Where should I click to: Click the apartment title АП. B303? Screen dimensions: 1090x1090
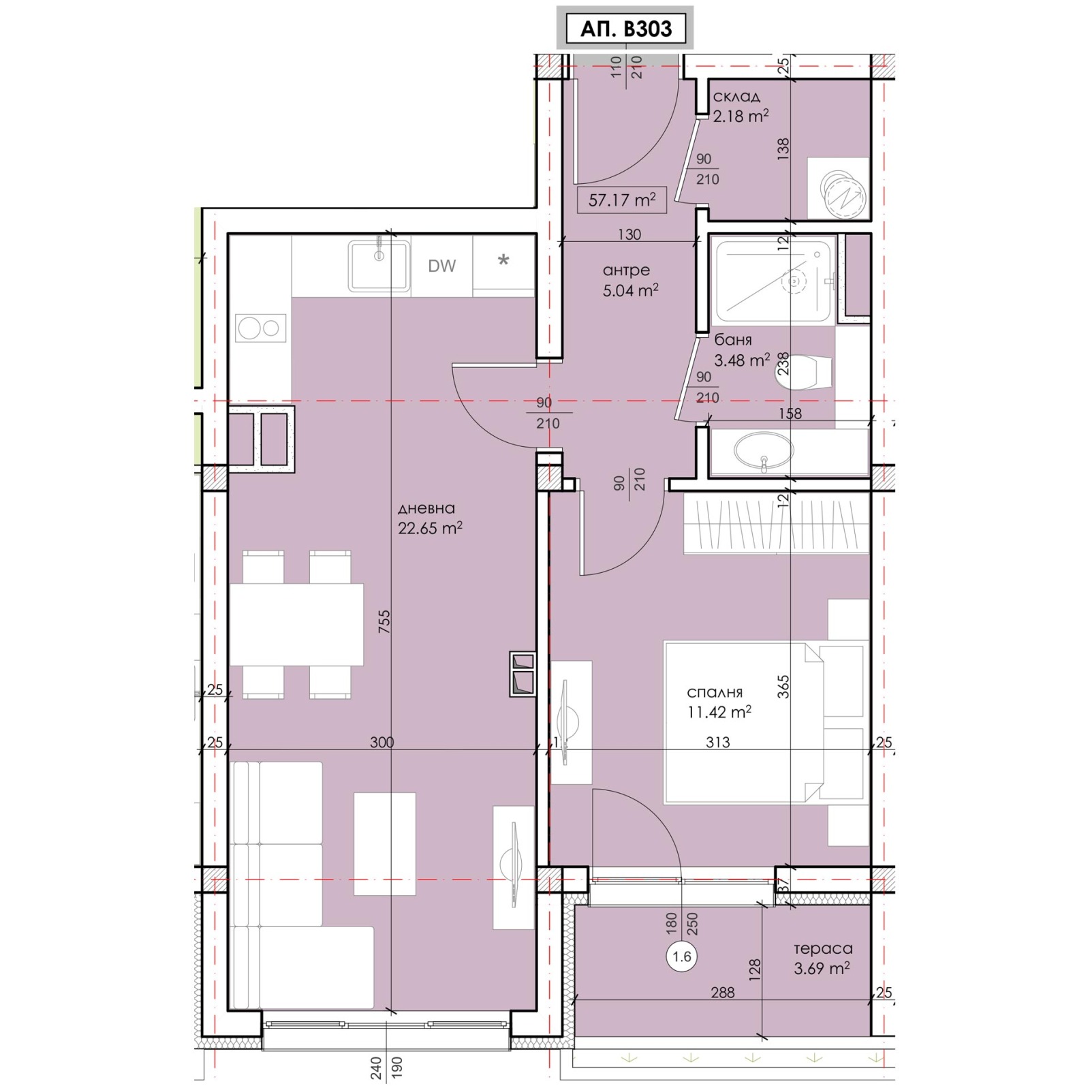pyautogui.click(x=625, y=29)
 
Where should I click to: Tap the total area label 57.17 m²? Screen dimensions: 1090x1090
pyautogui.click(x=622, y=200)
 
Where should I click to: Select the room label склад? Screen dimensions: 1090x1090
pyautogui.click(x=736, y=97)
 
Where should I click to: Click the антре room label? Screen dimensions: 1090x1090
pyautogui.click(x=627, y=270)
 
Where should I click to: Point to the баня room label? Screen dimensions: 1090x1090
pyautogui.click(x=733, y=340)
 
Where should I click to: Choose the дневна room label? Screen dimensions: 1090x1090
pyautogui.click(x=426, y=508)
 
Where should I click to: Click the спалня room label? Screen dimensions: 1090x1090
pyautogui.click(x=714, y=693)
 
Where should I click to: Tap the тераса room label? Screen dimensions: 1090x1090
pyautogui.click(x=823, y=948)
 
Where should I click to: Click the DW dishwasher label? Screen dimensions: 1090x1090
pyautogui.click(x=441, y=266)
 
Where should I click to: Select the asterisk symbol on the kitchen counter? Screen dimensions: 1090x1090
pyautogui.click(x=503, y=260)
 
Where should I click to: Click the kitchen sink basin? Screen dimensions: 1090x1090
pyautogui.click(x=379, y=265)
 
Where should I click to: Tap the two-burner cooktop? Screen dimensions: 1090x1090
pyautogui.click(x=261, y=328)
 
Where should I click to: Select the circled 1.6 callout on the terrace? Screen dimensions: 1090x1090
pyautogui.click(x=682, y=956)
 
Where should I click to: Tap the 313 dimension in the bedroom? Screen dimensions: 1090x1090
pyautogui.click(x=718, y=742)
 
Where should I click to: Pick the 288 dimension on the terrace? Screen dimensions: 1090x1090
pyautogui.click(x=723, y=993)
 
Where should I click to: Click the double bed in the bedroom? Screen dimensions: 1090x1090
pyautogui.click(x=766, y=722)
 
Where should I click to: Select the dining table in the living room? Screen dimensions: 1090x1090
pyautogui.click(x=296, y=624)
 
